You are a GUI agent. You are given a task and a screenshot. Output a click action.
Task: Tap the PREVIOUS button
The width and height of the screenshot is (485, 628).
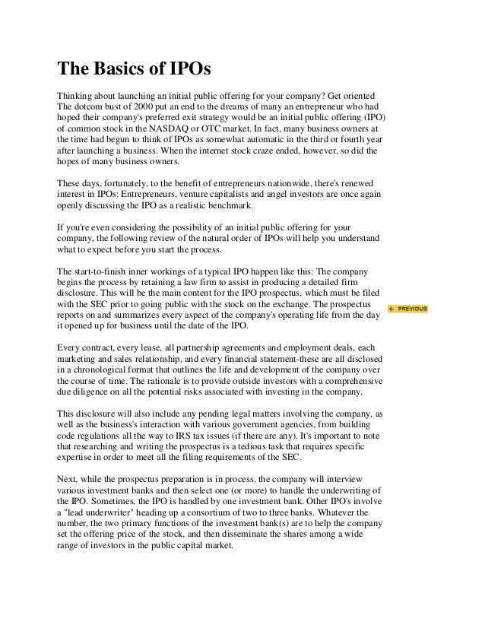point(407,309)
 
